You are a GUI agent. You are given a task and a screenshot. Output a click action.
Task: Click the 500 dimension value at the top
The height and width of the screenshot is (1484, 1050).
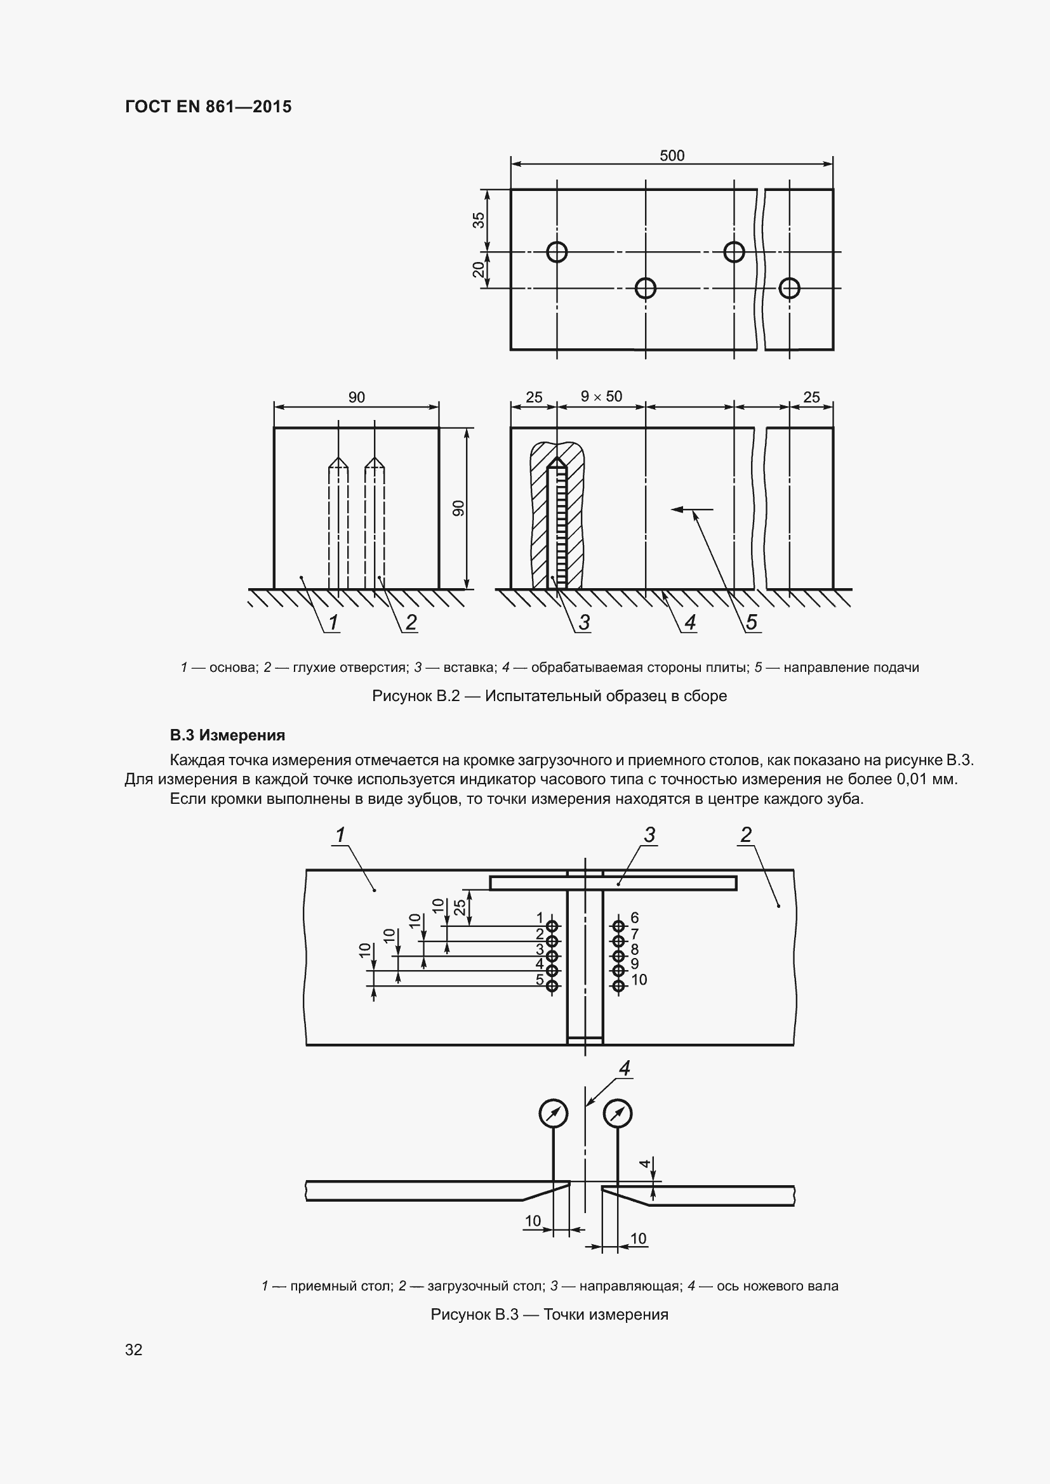672,156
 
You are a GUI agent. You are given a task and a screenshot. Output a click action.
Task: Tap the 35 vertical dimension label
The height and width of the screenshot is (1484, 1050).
479,220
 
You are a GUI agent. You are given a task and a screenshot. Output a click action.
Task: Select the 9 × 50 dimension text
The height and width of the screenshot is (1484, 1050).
601,396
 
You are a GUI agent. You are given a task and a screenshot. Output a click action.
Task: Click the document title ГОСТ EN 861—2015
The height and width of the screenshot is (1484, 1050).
208,107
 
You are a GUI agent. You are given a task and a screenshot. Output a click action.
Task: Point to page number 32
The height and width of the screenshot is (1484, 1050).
134,1349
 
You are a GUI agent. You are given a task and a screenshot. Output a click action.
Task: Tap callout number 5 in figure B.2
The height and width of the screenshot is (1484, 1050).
751,622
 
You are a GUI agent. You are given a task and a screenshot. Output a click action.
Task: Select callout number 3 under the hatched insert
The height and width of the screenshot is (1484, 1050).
584,622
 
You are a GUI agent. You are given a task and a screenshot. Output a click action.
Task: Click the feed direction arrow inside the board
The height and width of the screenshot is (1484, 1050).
692,510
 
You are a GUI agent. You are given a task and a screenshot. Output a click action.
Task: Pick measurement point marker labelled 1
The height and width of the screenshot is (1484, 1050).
552,926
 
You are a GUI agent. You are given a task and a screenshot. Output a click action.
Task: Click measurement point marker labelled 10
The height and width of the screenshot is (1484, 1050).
619,986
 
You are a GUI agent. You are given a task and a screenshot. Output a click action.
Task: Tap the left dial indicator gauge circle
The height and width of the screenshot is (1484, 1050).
553,1113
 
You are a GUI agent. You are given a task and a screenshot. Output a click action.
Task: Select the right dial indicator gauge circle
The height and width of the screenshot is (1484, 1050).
618,1113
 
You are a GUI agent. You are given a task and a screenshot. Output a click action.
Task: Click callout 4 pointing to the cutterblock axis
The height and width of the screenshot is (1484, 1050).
625,1068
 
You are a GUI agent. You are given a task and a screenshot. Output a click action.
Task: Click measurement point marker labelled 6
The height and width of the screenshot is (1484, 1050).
619,926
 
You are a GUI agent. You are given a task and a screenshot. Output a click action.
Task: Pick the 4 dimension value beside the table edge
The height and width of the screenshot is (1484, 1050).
644,1164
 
